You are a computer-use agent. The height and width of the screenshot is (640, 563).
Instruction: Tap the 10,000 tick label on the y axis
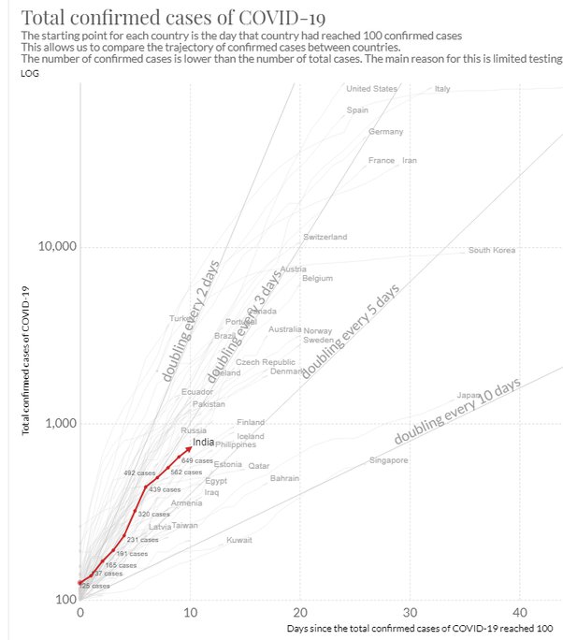(56, 247)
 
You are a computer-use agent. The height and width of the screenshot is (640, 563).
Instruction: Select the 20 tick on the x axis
(300, 613)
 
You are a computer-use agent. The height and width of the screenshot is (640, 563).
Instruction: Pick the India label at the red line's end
(203, 442)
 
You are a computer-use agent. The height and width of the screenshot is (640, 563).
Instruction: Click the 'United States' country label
(371, 89)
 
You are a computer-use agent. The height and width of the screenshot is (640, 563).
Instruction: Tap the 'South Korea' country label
(492, 250)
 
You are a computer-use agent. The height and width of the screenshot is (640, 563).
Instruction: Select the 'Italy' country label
(442, 89)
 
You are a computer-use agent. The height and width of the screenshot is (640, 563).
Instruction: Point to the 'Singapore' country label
(388, 460)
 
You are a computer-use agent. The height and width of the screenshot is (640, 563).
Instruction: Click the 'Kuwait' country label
(239, 540)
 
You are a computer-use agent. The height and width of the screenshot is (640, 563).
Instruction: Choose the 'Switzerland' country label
(325, 237)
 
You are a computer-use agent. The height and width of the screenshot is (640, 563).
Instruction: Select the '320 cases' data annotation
(154, 514)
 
